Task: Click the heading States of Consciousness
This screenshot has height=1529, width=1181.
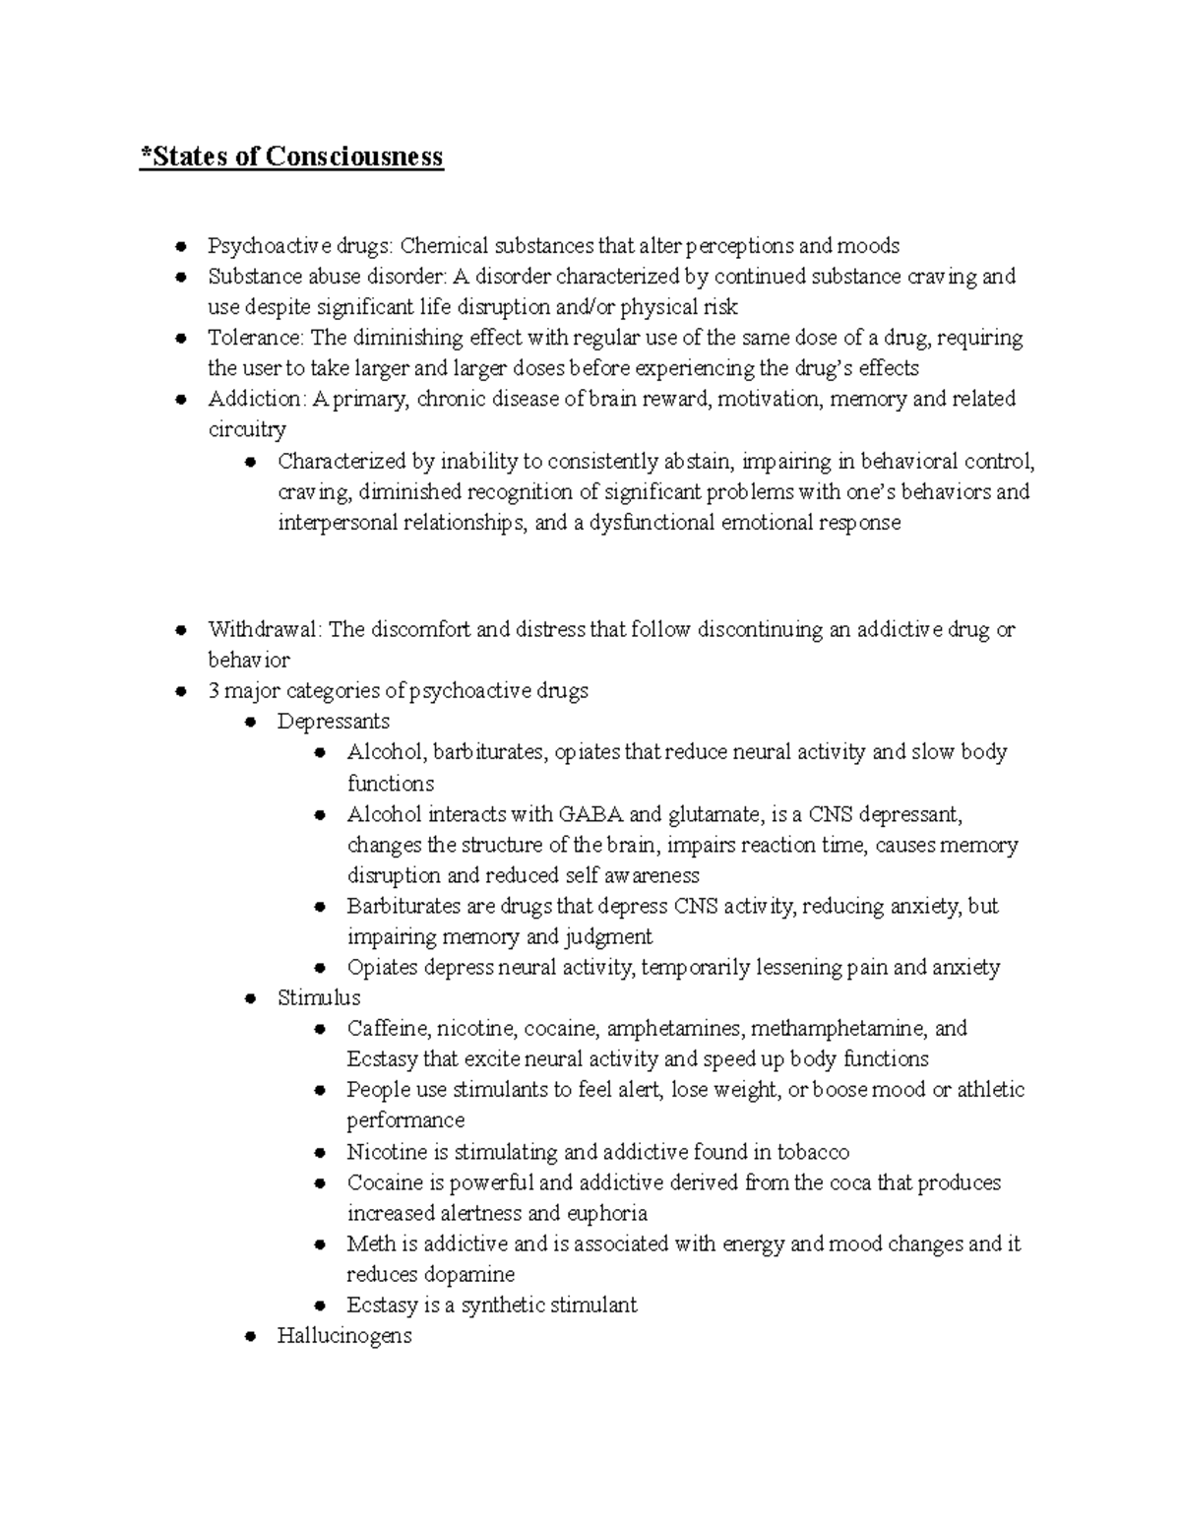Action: click(x=292, y=157)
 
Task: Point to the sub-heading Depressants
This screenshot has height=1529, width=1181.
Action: click(x=333, y=721)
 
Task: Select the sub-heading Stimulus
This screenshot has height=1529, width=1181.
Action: click(x=319, y=997)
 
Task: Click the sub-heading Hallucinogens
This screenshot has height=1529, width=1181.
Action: click(x=344, y=1336)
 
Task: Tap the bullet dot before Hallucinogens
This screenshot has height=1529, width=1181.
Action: click(x=251, y=1337)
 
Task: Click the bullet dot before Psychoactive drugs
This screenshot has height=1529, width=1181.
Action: click(x=181, y=246)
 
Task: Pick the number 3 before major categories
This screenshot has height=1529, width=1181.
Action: click(x=214, y=690)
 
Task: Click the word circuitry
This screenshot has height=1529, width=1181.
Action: click(x=247, y=429)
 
